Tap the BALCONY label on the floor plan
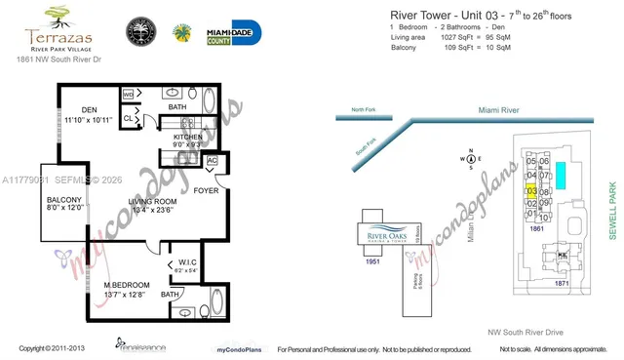[x=64, y=199]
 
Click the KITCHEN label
[x=188, y=138]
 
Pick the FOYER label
[x=206, y=190]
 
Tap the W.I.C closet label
[x=188, y=260]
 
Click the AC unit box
[x=213, y=161]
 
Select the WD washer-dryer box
[x=128, y=94]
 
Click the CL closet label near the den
[x=128, y=118]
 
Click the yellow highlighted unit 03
[x=531, y=191]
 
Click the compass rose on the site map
[x=471, y=158]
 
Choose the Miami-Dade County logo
[x=233, y=32]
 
